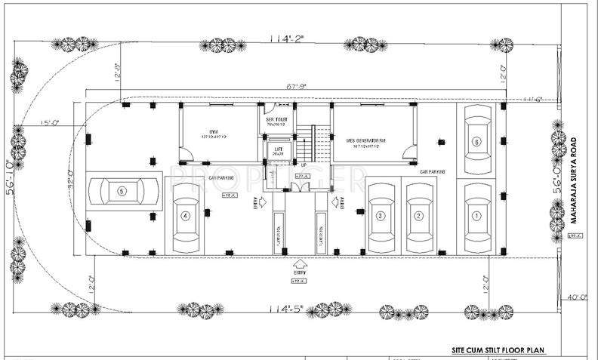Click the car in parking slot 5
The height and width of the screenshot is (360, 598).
[125, 192]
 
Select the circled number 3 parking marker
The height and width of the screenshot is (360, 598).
[381, 216]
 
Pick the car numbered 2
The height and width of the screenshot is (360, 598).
[417, 216]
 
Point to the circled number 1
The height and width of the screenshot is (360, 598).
[476, 216]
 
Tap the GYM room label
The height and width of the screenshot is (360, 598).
[214, 130]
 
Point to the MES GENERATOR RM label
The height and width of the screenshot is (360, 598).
[367, 141]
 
